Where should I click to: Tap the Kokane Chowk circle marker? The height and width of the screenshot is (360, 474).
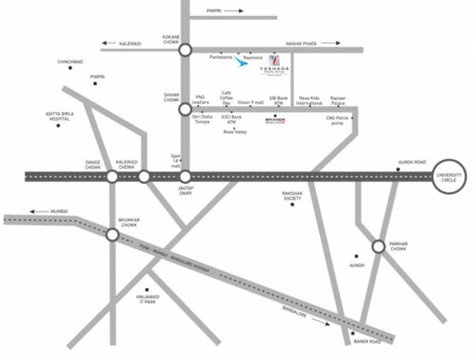[185, 50]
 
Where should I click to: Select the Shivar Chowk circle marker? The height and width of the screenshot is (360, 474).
[185, 110]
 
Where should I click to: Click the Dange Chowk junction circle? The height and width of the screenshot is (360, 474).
[112, 176]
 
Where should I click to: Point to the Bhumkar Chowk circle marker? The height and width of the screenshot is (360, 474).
[112, 234]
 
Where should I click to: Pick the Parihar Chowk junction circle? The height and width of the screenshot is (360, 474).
[378, 247]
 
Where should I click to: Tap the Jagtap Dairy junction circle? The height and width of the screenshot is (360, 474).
[185, 176]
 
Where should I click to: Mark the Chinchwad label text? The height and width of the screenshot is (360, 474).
[70, 61]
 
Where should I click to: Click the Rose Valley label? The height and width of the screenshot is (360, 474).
[235, 132]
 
